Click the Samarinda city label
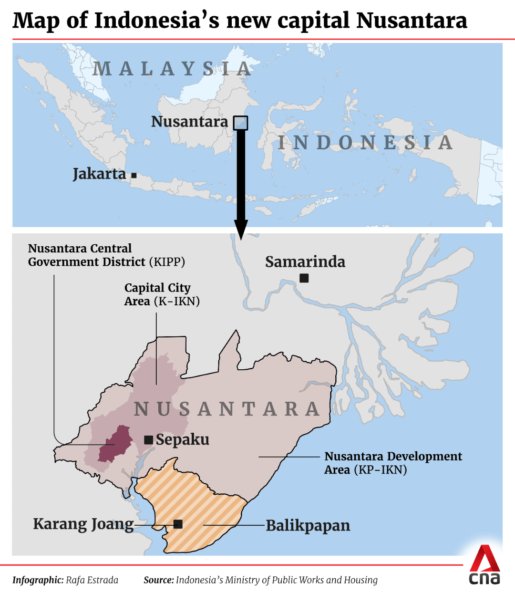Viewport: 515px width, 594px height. coord(305,261)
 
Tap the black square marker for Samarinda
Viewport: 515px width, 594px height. coord(304,278)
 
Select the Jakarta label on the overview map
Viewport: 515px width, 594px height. coord(99,174)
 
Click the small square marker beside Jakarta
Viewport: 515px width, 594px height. coord(134,176)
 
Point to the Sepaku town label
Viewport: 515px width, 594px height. coord(183,439)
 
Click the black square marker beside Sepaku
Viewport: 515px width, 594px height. coord(149,440)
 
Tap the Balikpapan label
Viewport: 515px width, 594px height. coord(308,525)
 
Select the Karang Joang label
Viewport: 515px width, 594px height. coord(83,524)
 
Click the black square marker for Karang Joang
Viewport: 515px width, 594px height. coord(178,524)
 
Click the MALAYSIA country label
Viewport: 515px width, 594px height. coord(172,69)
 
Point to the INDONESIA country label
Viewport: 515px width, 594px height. coord(365,142)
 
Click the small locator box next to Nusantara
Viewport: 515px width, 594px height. coord(240,123)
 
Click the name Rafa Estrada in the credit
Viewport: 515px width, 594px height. coord(92,580)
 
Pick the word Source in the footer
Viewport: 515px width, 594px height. coord(158,580)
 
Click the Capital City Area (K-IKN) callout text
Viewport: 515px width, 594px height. coord(162,294)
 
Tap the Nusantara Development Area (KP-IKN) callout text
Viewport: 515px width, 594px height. coord(393,463)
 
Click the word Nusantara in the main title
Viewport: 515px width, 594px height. coord(412,21)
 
